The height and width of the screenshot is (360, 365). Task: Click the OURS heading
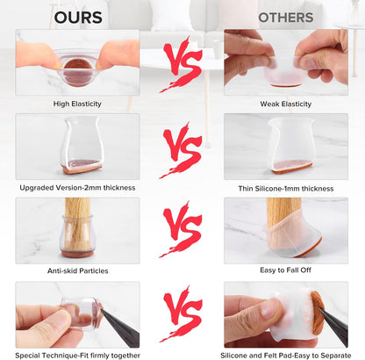pos(78,18)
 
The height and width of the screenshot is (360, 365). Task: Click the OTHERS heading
pos(286,18)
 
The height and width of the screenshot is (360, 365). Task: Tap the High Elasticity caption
pos(77,104)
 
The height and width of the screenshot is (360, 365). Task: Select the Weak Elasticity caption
pos(286,104)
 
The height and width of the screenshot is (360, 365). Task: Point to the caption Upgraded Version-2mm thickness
pos(77,188)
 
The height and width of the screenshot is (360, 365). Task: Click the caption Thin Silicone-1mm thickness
pos(286,189)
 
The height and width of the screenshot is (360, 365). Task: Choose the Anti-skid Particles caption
pos(78,270)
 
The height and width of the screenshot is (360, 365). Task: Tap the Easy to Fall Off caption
pos(285,270)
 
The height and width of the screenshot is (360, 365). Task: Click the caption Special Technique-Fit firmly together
pos(77,356)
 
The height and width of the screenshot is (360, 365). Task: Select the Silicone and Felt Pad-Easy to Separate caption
pos(286,356)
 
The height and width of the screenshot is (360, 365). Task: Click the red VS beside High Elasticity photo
pos(182,64)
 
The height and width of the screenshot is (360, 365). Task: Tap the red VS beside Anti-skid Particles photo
pos(182,229)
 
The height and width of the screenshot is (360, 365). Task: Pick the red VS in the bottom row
pos(182,313)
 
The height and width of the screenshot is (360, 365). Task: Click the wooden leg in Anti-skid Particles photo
pos(77,222)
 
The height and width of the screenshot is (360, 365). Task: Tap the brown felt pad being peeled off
pos(318,313)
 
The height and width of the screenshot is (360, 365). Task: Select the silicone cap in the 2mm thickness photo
pos(82,146)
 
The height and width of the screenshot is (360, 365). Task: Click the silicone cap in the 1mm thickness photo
pos(291,146)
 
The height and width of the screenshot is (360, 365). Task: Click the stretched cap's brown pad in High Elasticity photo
pos(77,72)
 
